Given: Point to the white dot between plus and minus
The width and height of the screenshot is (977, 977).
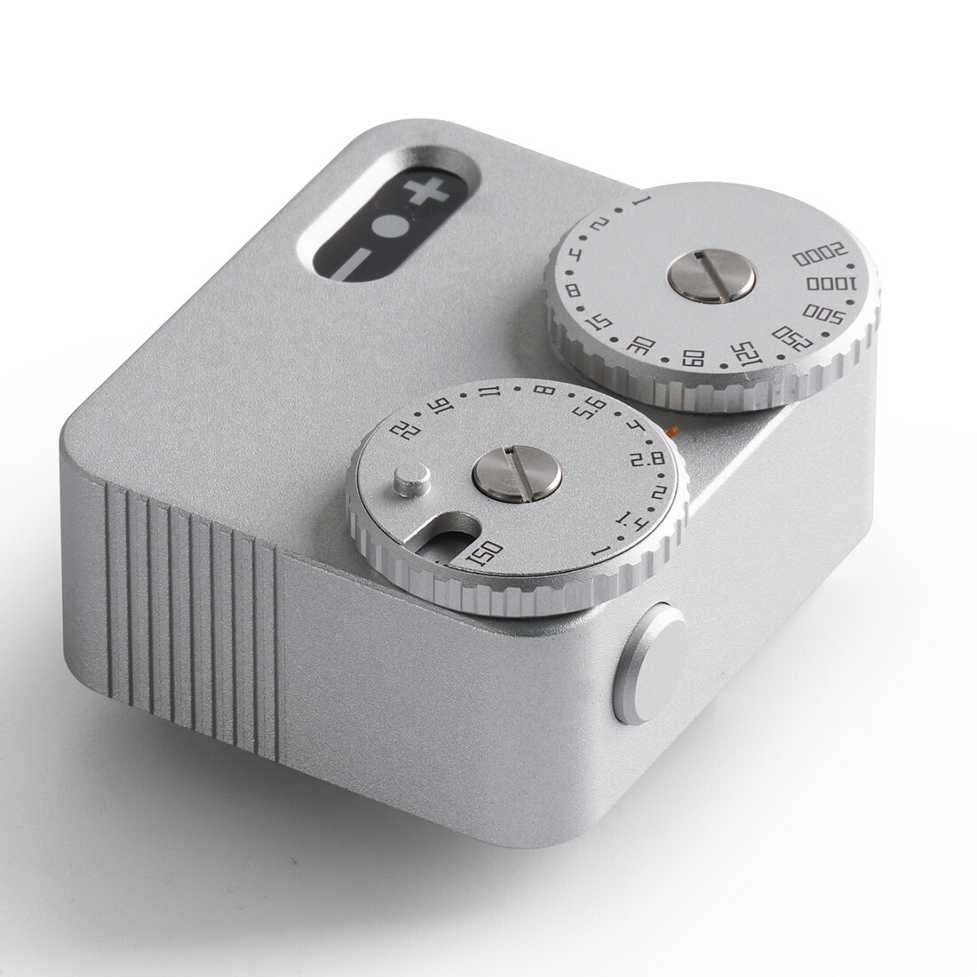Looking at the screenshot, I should point(388,226).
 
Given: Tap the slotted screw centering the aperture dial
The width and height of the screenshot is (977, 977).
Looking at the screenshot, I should point(517,470).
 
